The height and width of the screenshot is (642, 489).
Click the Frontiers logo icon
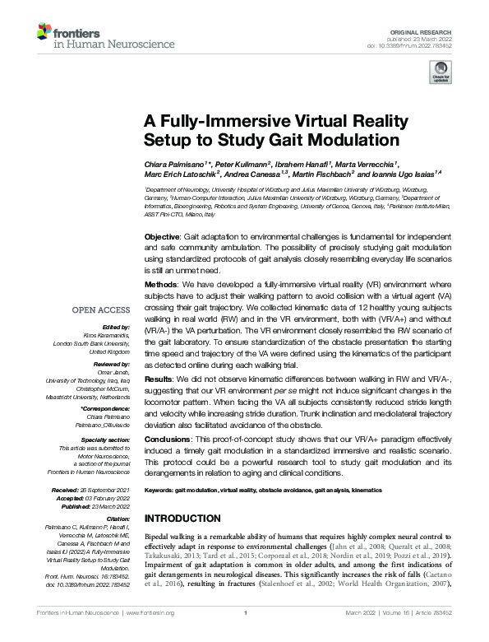[x=44, y=34]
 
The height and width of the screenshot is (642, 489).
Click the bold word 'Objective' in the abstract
[x=162, y=236]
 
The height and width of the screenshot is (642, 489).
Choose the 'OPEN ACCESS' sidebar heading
[x=101, y=311]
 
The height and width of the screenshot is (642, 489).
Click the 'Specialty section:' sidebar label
[x=108, y=441]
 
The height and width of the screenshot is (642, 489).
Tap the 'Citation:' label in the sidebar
[x=119, y=520]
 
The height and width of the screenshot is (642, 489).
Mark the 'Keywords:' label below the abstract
[x=158, y=490]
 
